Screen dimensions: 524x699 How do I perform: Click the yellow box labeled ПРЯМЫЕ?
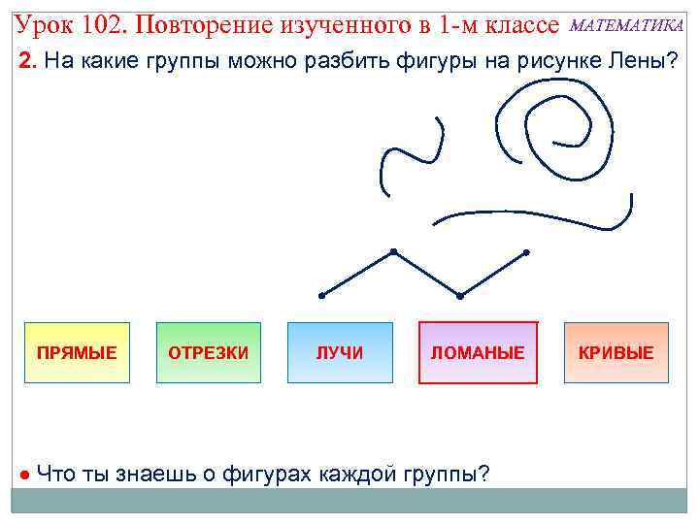point(77,352)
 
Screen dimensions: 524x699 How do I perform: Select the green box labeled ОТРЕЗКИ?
point(209,352)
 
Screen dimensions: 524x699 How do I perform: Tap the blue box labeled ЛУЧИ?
point(340,352)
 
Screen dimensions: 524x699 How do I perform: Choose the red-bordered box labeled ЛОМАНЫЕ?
point(478,352)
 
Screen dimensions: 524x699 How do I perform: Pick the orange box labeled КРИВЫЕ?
point(616,352)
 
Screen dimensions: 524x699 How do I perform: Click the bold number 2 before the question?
point(27,62)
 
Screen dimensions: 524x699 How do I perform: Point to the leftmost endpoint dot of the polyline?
point(321,294)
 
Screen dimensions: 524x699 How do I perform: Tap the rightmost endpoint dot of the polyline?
point(526,252)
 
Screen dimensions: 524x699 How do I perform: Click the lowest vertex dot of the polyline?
point(460,295)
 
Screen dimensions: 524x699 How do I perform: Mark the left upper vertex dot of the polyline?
point(393,252)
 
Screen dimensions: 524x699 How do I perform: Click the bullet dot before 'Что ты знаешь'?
point(23,475)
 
